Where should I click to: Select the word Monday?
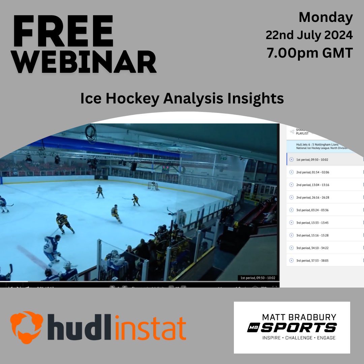click(326, 18)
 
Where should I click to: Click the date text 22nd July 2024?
click(309, 35)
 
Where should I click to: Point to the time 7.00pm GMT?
click(310, 53)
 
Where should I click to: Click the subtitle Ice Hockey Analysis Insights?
click(182, 98)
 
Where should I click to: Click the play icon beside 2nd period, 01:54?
click(292, 172)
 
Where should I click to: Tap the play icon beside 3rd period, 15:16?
click(292, 235)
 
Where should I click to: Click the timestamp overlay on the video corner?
click(257, 278)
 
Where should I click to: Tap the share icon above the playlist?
click(292, 132)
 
